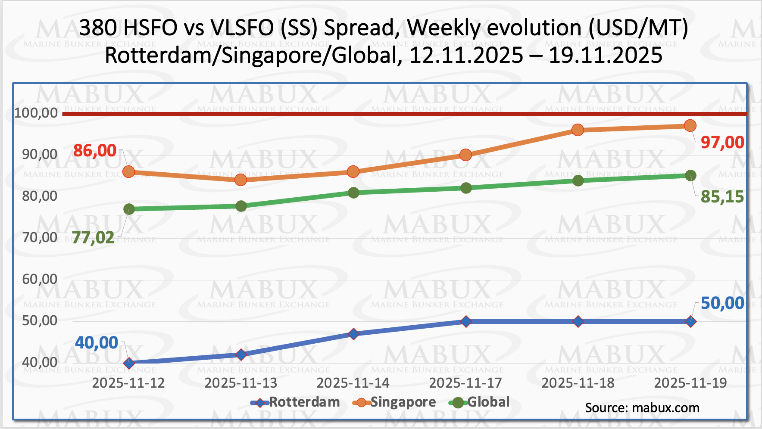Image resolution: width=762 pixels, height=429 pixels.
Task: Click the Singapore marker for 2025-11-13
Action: [x=241, y=180]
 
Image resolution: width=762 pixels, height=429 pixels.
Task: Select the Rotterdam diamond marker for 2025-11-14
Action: [x=353, y=334]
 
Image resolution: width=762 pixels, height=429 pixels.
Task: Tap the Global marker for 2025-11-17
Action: [x=466, y=188]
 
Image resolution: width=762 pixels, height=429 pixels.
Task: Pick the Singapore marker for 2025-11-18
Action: [x=578, y=130]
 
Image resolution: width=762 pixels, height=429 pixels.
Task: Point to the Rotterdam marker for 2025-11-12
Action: [x=129, y=363]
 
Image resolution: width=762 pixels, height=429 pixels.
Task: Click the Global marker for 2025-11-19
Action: [x=690, y=175]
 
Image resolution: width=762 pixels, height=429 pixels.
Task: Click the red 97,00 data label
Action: [x=722, y=142]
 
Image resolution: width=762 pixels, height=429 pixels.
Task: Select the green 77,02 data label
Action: [x=93, y=237]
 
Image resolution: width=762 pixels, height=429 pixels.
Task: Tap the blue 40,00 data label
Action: [x=97, y=342]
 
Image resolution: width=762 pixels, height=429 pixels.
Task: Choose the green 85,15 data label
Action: [x=722, y=196]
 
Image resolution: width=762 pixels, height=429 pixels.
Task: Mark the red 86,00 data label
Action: [x=95, y=150]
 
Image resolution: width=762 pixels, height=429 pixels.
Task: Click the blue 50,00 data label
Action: [x=722, y=303]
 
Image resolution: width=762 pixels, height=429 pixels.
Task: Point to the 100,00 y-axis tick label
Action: [x=36, y=113]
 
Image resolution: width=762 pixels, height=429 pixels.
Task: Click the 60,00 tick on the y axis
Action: [x=40, y=279]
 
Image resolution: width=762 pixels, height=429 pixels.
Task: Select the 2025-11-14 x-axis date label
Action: [x=353, y=383]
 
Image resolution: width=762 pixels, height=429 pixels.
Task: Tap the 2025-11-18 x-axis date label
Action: [x=578, y=383]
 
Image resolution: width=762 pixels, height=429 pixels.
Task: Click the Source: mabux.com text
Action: [x=642, y=408]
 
